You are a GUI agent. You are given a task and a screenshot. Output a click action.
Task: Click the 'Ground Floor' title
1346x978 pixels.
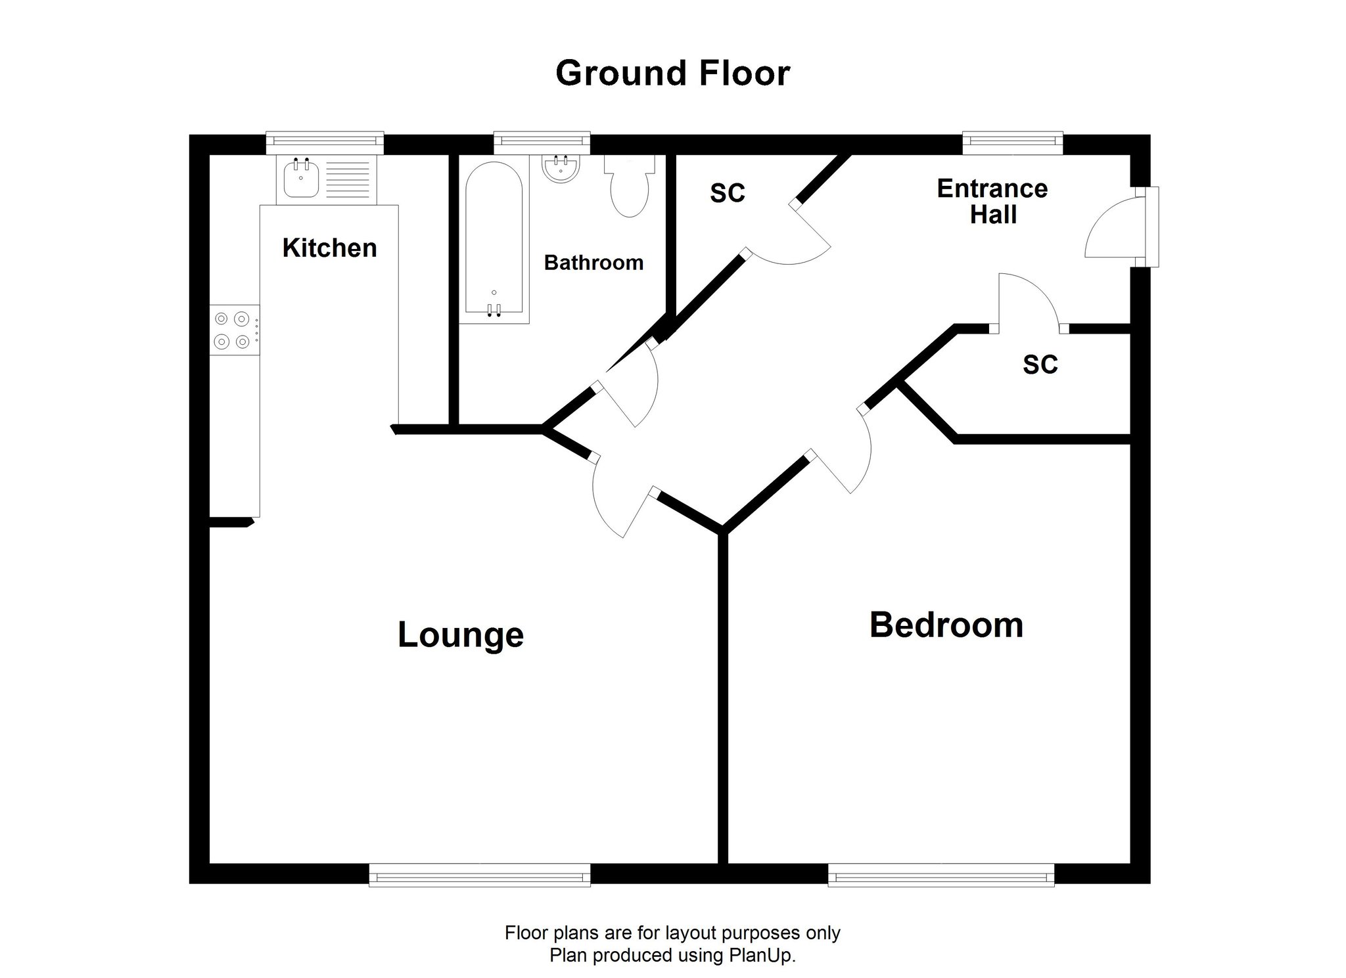(x=672, y=74)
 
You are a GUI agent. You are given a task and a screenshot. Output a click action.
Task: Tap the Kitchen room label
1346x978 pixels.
(x=329, y=248)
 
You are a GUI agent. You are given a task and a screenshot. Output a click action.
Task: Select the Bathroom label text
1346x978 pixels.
(x=593, y=263)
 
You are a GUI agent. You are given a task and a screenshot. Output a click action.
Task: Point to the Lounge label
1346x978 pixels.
(x=461, y=634)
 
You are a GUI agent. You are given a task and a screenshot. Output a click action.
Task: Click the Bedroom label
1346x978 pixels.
(x=946, y=625)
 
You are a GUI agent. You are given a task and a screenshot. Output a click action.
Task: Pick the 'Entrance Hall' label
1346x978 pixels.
(x=992, y=202)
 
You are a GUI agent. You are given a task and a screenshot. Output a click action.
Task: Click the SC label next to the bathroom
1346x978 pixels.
(x=728, y=193)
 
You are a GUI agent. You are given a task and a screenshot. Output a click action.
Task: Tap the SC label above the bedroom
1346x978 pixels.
(x=1040, y=365)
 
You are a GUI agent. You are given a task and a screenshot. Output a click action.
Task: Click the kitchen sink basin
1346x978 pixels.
(x=301, y=178)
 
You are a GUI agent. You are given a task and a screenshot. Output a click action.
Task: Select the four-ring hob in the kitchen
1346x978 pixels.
(x=235, y=330)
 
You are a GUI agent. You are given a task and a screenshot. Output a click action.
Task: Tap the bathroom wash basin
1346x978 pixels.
(x=561, y=167)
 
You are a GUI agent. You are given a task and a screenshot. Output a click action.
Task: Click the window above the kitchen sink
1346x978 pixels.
(x=325, y=139)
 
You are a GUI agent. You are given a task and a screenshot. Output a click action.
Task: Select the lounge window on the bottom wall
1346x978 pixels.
(x=480, y=875)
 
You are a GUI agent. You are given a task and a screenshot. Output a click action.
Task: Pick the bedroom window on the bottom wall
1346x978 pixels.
(x=941, y=875)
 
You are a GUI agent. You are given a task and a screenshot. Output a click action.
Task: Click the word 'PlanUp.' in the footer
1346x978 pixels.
(x=762, y=956)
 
